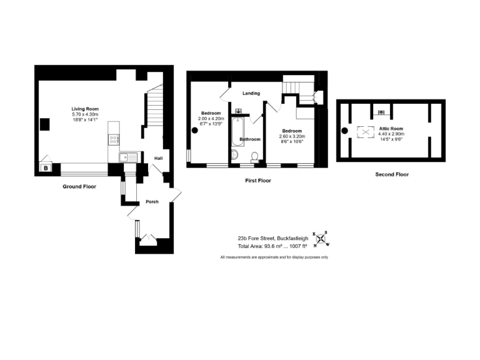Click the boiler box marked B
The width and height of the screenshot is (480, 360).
[x=46, y=167]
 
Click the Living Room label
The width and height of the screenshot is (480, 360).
[x=85, y=109]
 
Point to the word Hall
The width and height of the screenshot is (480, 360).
[x=159, y=158]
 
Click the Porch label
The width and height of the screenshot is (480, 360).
[x=152, y=201]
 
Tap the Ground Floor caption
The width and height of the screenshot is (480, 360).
[x=79, y=186]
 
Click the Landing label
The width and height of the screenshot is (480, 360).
[x=251, y=94]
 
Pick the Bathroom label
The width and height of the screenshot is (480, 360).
[x=250, y=139]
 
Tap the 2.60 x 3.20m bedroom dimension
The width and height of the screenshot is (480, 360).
[x=291, y=136]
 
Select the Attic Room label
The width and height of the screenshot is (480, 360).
[x=392, y=129]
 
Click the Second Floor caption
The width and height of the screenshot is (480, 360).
[x=392, y=174]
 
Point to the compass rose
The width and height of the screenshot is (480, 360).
[x=321, y=237]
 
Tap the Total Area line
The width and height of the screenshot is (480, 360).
[x=273, y=246]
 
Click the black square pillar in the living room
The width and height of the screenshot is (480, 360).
[x=45, y=124]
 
